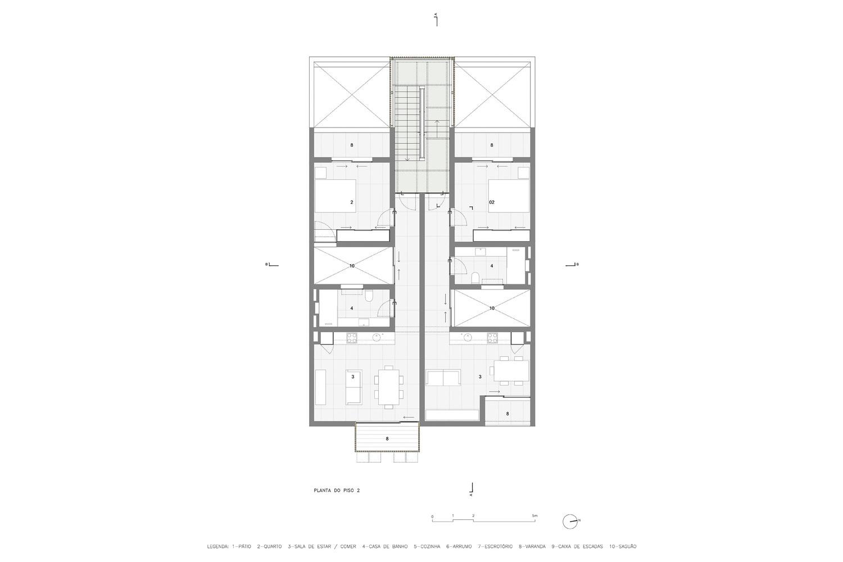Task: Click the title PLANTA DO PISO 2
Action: pyautogui.click(x=337, y=491)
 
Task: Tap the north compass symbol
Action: pyautogui.click(x=570, y=522)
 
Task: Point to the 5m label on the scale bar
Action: pyautogui.click(x=535, y=516)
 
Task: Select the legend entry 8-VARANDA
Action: pyautogui.click(x=532, y=547)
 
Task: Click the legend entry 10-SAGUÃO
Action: pyautogui.click(x=623, y=547)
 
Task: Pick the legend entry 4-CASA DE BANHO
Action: pyautogui.click(x=384, y=547)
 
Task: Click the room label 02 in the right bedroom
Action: pyautogui.click(x=492, y=202)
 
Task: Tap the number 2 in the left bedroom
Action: pyautogui.click(x=351, y=202)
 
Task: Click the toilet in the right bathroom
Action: pyautogui.click(x=475, y=278)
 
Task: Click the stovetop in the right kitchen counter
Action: pyautogui.click(x=492, y=338)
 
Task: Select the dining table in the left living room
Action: pyautogui.click(x=389, y=387)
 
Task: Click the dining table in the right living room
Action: pyautogui.click(x=511, y=371)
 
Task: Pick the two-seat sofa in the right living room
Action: pyautogui.click(x=443, y=378)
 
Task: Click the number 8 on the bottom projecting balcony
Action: pyautogui.click(x=387, y=438)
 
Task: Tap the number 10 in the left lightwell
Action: pyautogui.click(x=352, y=266)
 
